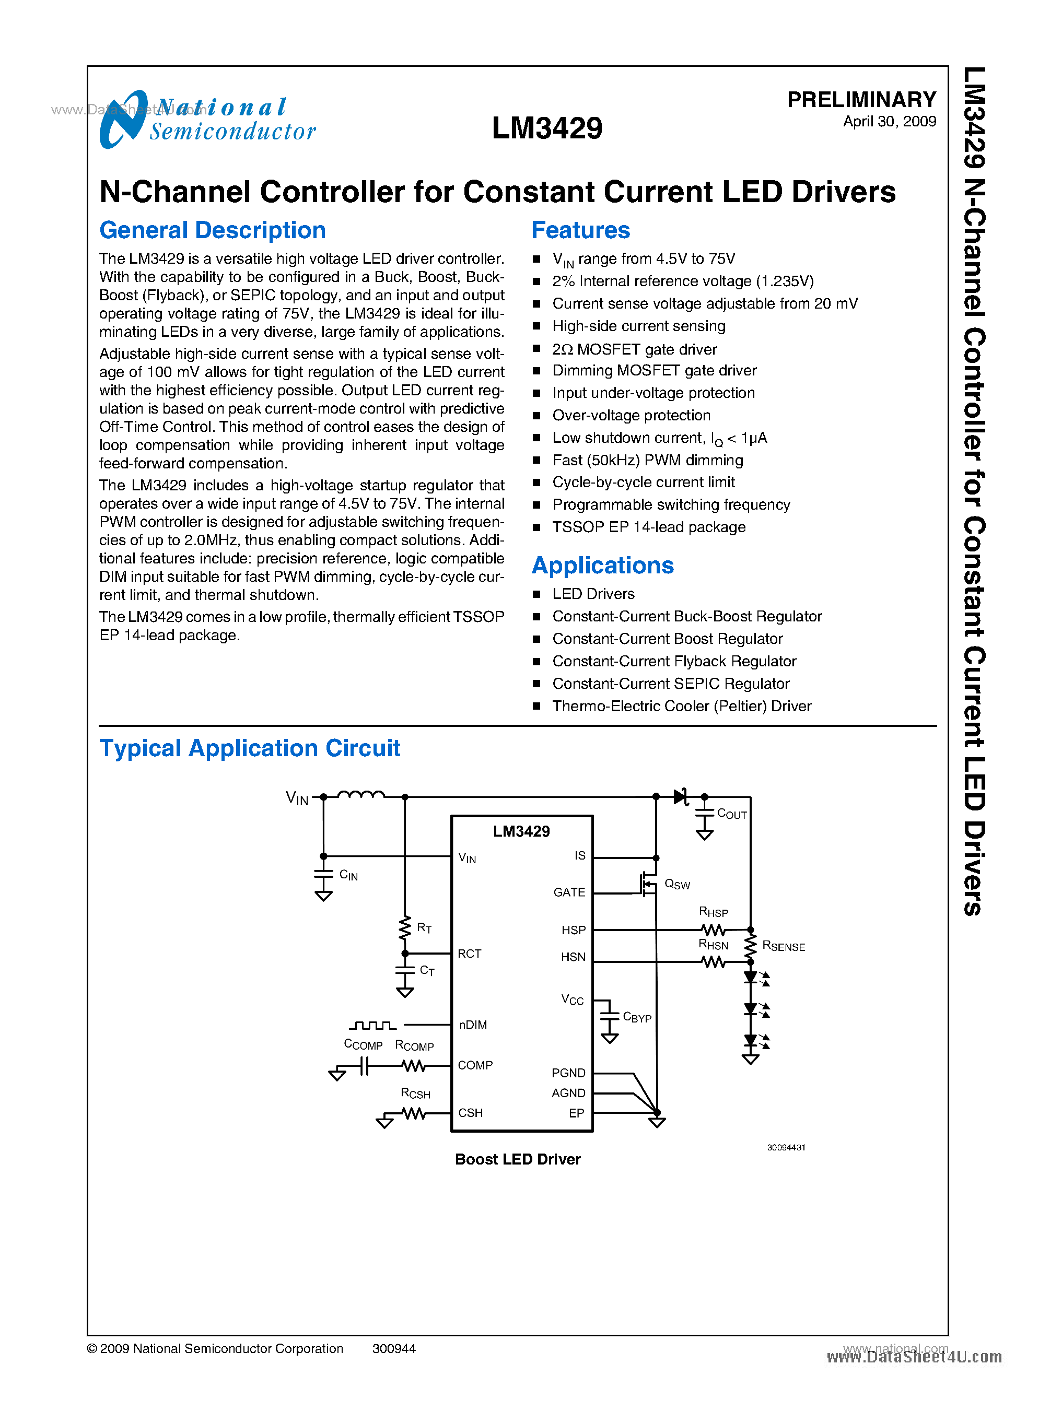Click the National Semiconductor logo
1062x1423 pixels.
click(207, 120)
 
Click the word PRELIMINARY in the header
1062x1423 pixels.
click(861, 100)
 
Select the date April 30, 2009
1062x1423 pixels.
click(889, 122)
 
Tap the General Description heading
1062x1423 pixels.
click(212, 230)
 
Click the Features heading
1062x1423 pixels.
click(580, 230)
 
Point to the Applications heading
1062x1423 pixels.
click(602, 566)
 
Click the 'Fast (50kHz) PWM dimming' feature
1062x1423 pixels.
click(647, 460)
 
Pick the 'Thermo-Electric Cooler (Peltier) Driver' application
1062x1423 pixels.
click(681, 707)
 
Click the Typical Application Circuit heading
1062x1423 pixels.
click(249, 748)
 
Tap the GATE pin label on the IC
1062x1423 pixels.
click(569, 892)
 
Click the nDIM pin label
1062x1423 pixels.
click(473, 1025)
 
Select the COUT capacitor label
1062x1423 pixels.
click(731, 814)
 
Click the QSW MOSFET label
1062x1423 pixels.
click(677, 885)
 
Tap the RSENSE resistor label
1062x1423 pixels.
click(783, 946)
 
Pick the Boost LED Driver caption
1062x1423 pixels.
click(518, 1159)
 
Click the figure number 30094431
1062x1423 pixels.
click(786, 1147)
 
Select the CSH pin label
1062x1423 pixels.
click(470, 1113)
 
